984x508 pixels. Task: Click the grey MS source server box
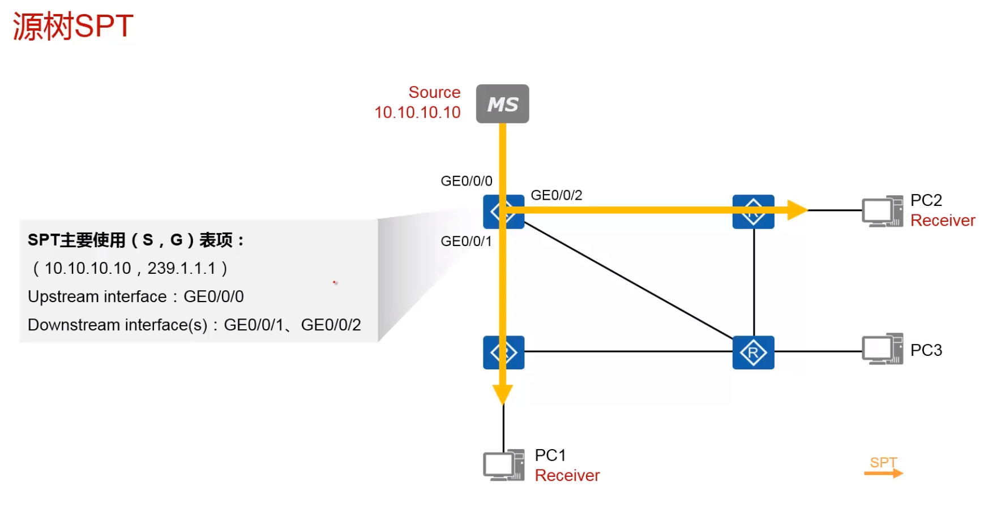pos(502,104)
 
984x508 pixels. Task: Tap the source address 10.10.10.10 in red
pos(417,113)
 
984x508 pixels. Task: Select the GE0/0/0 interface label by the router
pos(467,181)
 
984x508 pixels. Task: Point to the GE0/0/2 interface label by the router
pos(557,195)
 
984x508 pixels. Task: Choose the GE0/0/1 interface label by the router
pos(466,242)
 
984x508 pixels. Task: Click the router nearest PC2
pos(753,212)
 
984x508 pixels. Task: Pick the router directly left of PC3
pos(753,352)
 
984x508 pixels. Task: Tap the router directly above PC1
pos(503,352)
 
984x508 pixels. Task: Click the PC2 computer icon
pos(882,211)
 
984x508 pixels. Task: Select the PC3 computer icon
pos(882,349)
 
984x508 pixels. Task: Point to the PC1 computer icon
pos(503,465)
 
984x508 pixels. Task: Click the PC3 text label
pos(926,350)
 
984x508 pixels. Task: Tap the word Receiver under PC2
pos(943,221)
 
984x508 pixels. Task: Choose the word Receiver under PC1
pos(567,476)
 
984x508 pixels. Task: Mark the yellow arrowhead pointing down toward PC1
pos(503,394)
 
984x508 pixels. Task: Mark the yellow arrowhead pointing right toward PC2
pos(797,210)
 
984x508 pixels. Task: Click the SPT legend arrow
pos(883,472)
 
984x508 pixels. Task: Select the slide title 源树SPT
pos(73,26)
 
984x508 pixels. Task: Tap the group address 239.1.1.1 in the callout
pos(182,268)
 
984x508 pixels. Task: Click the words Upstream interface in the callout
pos(97,296)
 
